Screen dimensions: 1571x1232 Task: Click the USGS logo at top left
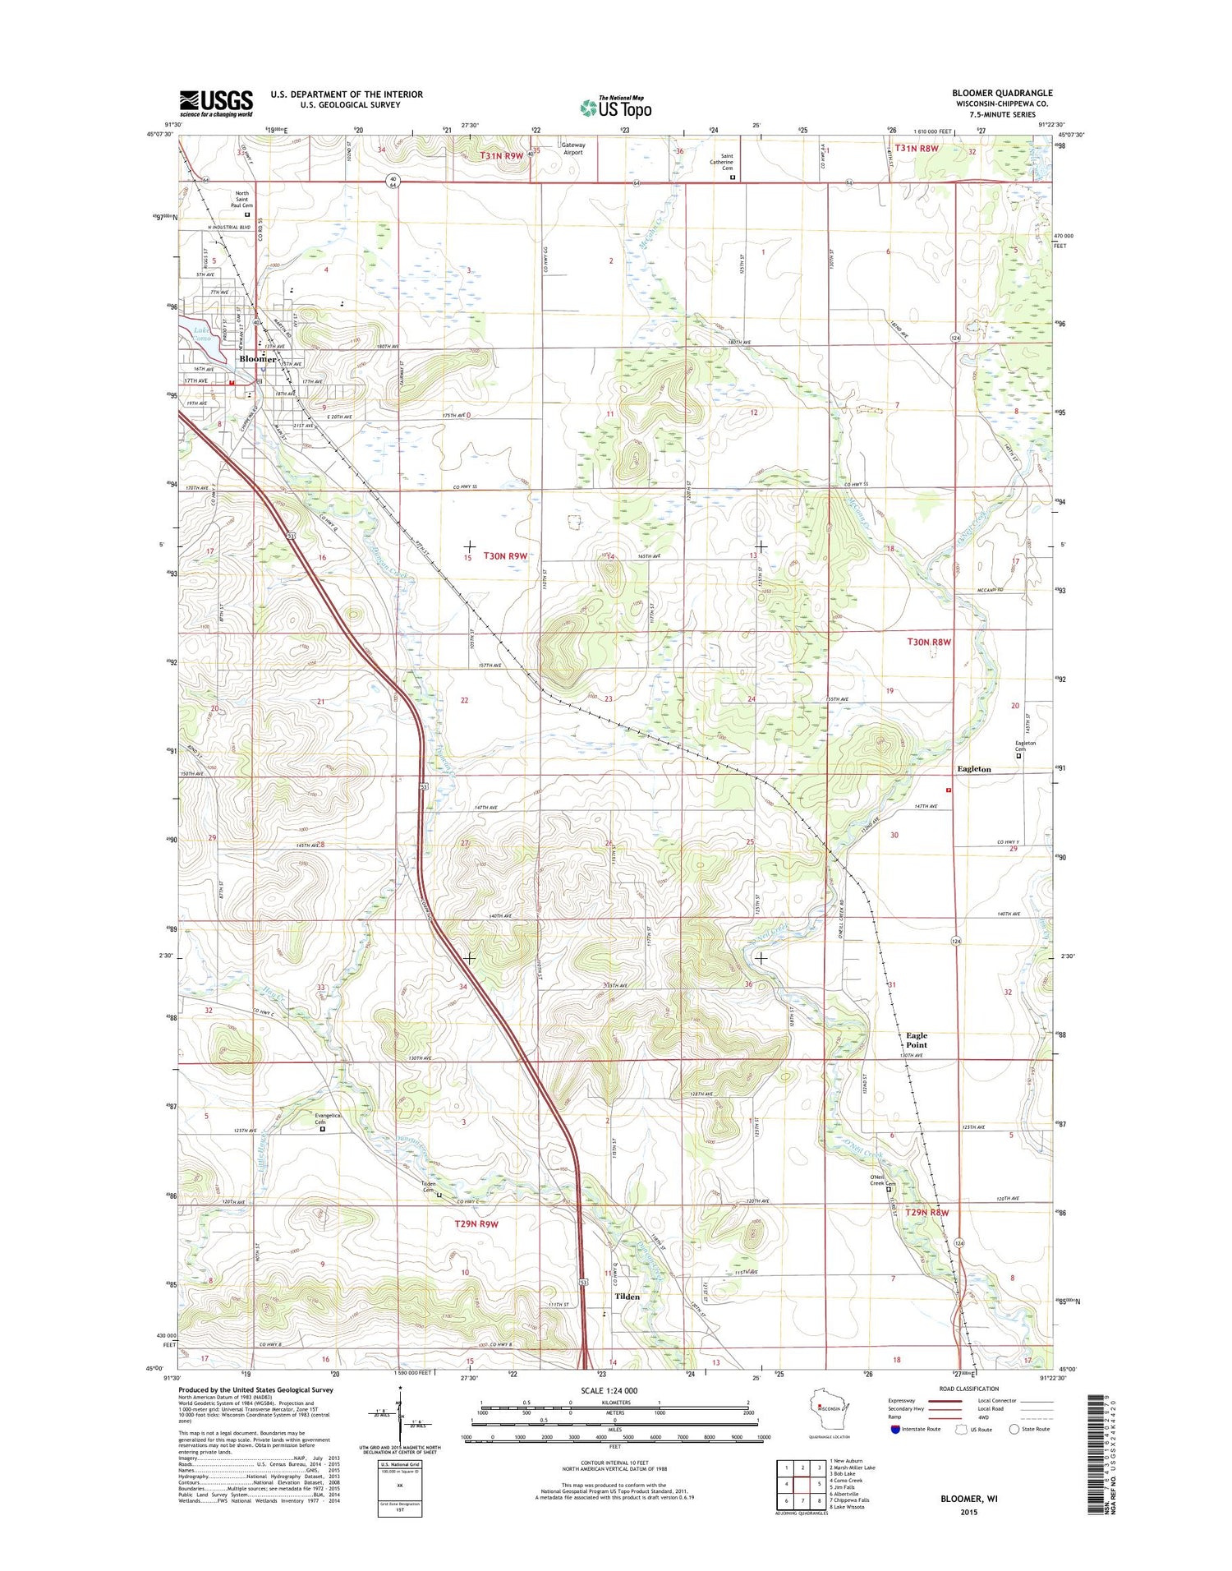click(216, 104)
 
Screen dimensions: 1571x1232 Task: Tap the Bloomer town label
click(257, 359)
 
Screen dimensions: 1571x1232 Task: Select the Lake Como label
click(202, 334)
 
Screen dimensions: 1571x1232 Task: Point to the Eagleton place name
click(974, 769)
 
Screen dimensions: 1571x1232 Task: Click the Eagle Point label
click(917, 1040)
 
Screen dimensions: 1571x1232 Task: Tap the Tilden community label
click(627, 1297)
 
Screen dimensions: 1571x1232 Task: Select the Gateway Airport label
click(573, 149)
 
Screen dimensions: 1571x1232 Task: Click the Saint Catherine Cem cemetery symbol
click(733, 177)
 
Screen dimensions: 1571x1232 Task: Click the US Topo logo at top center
click(616, 107)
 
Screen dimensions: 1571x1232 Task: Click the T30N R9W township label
click(504, 556)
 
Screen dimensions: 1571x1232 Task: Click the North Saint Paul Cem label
click(241, 200)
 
